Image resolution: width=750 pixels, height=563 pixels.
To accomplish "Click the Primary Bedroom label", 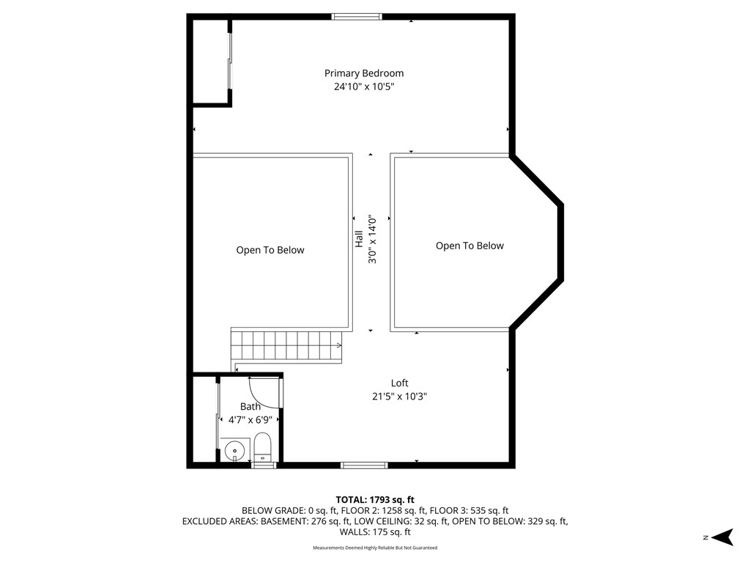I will (364, 73).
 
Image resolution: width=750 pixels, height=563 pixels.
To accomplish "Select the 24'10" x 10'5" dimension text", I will (364, 87).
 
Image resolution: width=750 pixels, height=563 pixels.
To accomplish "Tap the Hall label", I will (359, 238).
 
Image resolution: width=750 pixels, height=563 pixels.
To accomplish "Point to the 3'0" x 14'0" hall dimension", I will (372, 239).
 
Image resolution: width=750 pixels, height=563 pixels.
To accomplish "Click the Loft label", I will (399, 383).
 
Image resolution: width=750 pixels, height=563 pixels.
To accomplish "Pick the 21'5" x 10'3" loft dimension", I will (399, 397).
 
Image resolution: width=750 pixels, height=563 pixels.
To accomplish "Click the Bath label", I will (250, 406).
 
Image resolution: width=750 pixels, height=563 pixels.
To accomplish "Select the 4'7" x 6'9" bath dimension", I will (250, 420).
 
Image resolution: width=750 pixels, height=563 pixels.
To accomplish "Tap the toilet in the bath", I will (263, 447).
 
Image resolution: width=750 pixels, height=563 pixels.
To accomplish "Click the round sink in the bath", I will (235, 449).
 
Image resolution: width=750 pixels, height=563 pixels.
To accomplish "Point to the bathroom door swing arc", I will (265, 392).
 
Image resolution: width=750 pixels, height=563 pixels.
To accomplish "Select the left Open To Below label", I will (270, 250).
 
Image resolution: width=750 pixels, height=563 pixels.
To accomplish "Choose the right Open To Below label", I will (469, 246).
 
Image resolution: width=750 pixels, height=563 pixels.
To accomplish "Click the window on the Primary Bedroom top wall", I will (357, 16).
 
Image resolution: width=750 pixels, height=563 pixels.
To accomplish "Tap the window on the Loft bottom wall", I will (364, 464).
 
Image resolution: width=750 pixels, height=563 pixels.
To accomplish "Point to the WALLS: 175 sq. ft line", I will (375, 532).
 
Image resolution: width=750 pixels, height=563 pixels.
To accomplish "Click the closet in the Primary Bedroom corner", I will (211, 62).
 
